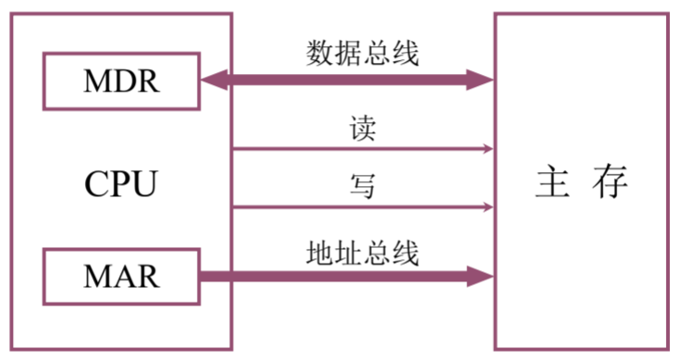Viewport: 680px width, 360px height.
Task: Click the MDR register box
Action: pos(121,81)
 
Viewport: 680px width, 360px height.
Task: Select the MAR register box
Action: pos(121,275)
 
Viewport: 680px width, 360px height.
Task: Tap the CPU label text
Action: pos(121,182)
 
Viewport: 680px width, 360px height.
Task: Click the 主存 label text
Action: pos(582,182)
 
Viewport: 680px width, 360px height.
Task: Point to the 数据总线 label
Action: pos(363,54)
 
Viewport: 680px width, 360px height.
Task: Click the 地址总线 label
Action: pos(363,251)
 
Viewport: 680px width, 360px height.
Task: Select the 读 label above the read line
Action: pos(363,129)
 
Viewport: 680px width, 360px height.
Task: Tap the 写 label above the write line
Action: pos(363,188)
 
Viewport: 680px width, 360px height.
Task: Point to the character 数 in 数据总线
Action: pos(320,54)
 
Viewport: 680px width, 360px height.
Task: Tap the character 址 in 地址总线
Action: pos(349,251)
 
